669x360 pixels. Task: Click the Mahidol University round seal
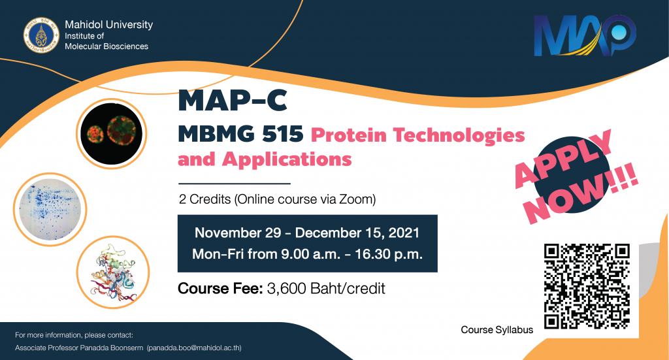pyautogui.click(x=41, y=35)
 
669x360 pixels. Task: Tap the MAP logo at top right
pyautogui.click(x=585, y=35)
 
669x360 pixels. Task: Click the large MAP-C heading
pyautogui.click(x=233, y=101)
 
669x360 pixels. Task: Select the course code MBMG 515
pyautogui.click(x=240, y=135)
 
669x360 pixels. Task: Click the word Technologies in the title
pyautogui.click(x=459, y=135)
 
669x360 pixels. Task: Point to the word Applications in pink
pyautogui.click(x=287, y=159)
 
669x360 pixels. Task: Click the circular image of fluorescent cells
pyautogui.click(x=111, y=133)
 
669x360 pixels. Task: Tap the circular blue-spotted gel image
pyautogui.click(x=50, y=210)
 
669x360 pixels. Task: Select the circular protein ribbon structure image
pyautogui.click(x=113, y=272)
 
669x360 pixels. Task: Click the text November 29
pyautogui.click(x=238, y=233)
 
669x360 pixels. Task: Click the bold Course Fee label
pyautogui.click(x=220, y=288)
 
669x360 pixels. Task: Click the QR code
pyautogui.click(x=587, y=286)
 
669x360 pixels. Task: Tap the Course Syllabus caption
pyautogui.click(x=497, y=330)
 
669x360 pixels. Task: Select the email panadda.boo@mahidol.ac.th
pyautogui.click(x=194, y=348)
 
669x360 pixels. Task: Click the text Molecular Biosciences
pyautogui.click(x=106, y=46)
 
